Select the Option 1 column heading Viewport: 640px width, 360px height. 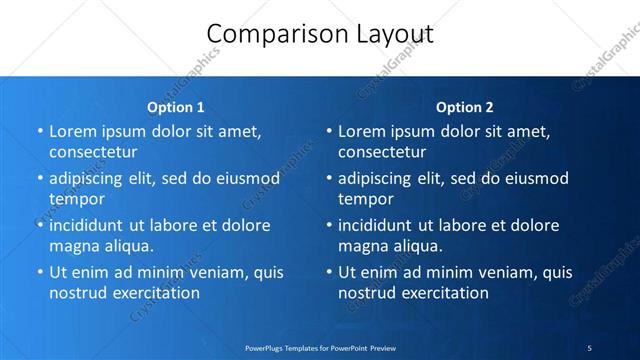coord(176,107)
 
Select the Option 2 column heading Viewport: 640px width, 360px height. coord(465,107)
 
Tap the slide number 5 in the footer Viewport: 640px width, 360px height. coord(590,347)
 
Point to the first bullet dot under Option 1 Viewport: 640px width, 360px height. coord(39,131)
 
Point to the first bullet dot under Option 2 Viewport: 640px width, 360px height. coord(328,131)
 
